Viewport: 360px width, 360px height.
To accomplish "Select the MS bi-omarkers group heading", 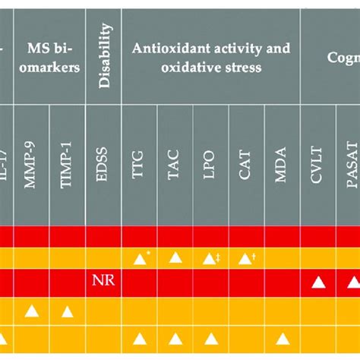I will click(49, 57).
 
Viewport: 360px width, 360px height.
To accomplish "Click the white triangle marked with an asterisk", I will click(140, 259).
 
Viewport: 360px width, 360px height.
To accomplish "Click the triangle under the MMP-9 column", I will click(31, 310).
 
